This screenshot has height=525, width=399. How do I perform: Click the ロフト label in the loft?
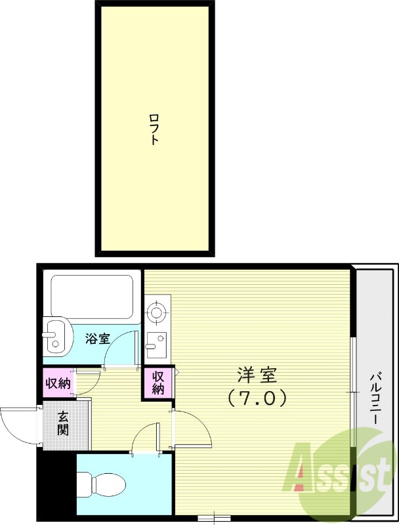click(x=154, y=129)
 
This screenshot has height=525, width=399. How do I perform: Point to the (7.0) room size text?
click(x=257, y=397)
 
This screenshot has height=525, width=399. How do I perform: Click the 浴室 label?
click(x=97, y=339)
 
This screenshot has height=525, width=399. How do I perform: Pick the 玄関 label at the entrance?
click(x=62, y=424)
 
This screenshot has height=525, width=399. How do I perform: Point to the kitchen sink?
click(x=156, y=341)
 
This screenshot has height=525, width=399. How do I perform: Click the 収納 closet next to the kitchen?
click(x=158, y=383)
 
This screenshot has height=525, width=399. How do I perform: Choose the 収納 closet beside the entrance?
click(x=58, y=383)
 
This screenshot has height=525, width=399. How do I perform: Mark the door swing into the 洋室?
click(x=192, y=428)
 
